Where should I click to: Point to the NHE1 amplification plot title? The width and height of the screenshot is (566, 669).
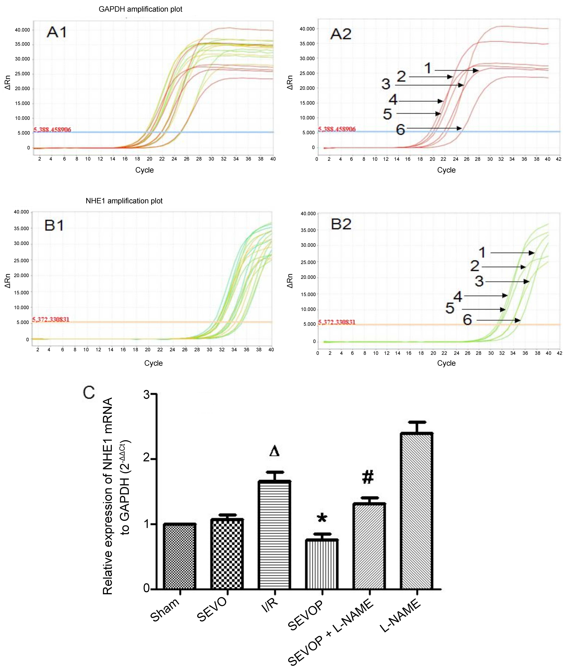click(x=124, y=201)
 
